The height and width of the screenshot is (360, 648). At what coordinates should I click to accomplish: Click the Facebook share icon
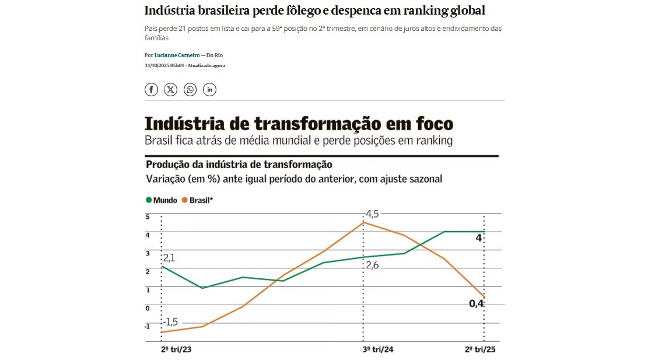(151, 89)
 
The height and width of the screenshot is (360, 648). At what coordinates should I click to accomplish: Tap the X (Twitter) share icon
(170, 89)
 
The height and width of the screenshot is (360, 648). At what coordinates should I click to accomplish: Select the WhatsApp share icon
(190, 89)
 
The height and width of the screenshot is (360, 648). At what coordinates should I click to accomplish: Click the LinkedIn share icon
(209, 89)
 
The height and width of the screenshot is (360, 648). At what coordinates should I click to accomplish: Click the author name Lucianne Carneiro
(177, 55)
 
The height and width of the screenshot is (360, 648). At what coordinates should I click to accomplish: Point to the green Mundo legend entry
(162, 200)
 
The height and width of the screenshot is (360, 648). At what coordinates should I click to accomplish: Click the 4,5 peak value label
(372, 214)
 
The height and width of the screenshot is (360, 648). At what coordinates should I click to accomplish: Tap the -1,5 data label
(170, 321)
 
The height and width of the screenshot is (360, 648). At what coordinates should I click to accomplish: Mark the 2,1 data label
(169, 257)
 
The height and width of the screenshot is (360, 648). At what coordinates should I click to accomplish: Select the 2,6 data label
(373, 265)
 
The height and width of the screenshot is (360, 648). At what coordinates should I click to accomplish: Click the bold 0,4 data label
(477, 303)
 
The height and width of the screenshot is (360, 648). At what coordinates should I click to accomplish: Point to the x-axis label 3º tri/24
(378, 349)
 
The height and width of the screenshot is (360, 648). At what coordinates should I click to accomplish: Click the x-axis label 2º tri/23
(176, 349)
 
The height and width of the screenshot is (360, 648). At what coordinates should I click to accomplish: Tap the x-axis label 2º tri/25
(479, 349)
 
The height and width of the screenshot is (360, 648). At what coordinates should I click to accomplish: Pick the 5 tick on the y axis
(148, 217)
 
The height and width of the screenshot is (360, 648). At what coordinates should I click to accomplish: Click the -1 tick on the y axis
(147, 327)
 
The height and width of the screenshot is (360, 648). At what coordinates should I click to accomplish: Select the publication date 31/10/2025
(157, 65)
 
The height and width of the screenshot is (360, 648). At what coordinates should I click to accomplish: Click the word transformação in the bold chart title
(311, 124)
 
